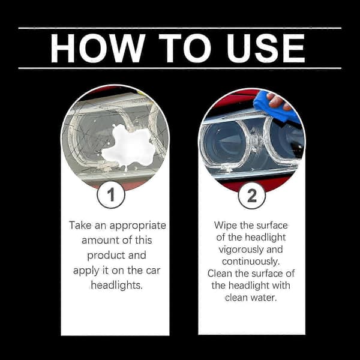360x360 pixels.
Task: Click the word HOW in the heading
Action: pos(98,48)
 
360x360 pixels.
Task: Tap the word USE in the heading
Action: pos(266,48)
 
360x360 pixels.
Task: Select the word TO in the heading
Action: pos(185,48)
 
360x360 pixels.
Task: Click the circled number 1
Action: pos(111,194)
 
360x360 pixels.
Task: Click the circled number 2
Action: pos(252,196)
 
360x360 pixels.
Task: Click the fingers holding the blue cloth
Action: pos(278,101)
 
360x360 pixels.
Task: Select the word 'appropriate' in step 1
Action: pos(138,226)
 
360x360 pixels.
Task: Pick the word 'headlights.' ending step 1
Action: pos(117,285)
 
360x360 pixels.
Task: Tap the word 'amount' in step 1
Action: pos(100,241)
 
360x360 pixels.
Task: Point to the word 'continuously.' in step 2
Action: pos(251,262)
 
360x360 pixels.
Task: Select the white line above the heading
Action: pos(180,28)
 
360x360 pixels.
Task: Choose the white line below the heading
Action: pos(180,68)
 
